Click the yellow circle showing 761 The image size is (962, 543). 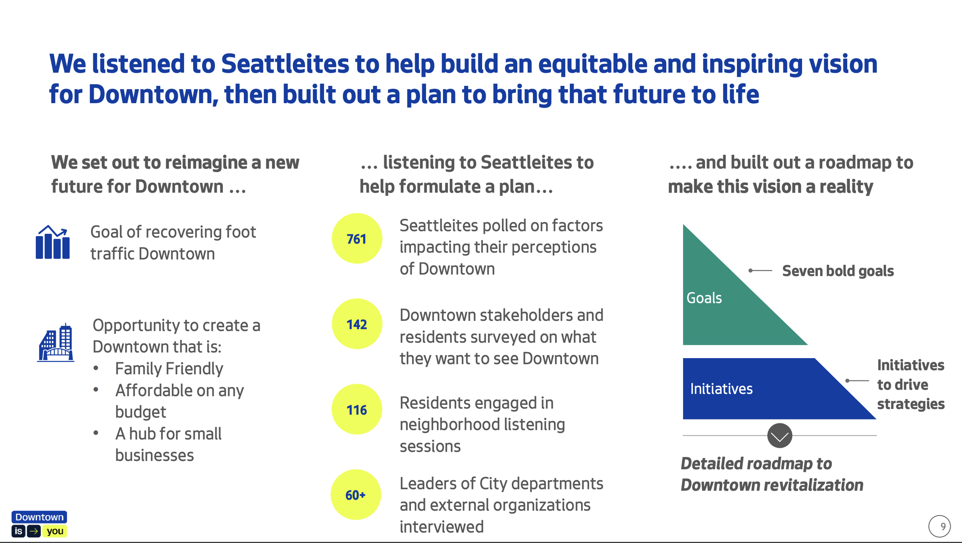tap(357, 238)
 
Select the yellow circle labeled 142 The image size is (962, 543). tap(357, 324)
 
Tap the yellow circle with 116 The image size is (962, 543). tap(357, 409)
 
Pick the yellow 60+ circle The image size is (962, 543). tap(356, 494)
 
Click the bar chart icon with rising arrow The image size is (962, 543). tap(53, 242)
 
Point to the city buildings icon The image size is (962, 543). tap(55, 342)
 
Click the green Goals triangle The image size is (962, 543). tap(723, 304)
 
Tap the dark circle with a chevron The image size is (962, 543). tap(780, 436)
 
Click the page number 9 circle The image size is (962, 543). tap(939, 526)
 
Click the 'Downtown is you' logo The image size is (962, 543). tap(39, 524)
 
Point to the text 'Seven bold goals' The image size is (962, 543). tap(838, 271)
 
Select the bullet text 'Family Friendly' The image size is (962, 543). tap(169, 369)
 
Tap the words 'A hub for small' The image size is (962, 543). tap(168, 434)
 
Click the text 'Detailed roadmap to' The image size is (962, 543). tap(757, 464)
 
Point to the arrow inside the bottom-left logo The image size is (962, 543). tap(34, 531)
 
